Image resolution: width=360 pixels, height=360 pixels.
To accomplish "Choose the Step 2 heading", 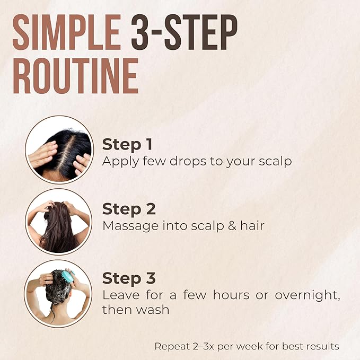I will [129, 209].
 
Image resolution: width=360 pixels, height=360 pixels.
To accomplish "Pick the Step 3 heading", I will [129, 278].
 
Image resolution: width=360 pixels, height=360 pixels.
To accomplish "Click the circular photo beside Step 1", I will [58, 150].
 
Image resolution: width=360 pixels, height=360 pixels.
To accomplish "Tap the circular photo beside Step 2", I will [58, 222].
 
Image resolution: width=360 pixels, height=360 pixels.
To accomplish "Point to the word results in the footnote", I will [322, 347].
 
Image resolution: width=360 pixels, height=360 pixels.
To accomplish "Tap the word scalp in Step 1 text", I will [275, 161].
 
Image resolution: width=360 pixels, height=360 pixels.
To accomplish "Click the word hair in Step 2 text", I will [254, 226].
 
